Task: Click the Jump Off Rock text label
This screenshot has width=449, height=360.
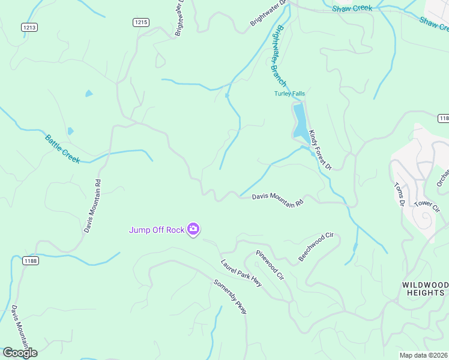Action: (157, 229)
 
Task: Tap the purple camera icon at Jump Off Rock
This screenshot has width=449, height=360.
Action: (193, 229)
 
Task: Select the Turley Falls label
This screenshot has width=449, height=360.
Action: (290, 94)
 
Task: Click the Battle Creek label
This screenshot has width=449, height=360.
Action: (62, 148)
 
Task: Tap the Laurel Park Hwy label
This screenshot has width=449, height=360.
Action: (241, 273)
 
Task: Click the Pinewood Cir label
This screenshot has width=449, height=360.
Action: (270, 265)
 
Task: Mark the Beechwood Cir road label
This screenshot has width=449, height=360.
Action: (316, 247)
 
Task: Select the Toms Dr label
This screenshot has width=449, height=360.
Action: (399, 194)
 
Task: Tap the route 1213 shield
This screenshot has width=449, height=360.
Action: (29, 27)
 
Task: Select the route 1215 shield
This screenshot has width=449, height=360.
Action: (140, 22)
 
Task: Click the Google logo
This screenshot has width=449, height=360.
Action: (20, 352)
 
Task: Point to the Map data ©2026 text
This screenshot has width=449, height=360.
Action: (424, 355)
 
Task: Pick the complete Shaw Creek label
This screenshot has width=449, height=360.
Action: (352, 8)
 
